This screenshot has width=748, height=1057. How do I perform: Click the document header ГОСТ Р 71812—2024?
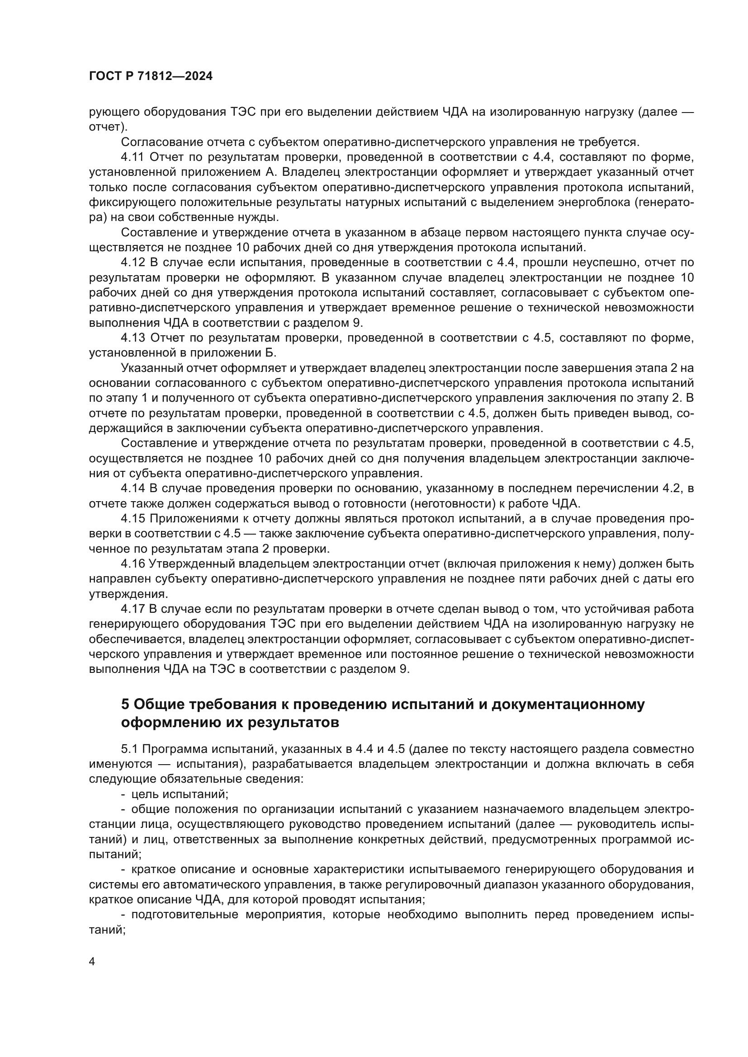point(151,76)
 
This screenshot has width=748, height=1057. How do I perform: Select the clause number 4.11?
point(133,157)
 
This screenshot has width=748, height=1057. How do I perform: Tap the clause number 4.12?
point(133,263)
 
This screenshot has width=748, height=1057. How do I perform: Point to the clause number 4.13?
point(133,338)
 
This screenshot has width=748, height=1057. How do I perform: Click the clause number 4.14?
point(133,489)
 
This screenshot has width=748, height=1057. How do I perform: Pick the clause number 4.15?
point(133,519)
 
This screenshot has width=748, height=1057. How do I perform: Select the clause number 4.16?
point(133,564)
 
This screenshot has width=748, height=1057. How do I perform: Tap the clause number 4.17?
point(133,609)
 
